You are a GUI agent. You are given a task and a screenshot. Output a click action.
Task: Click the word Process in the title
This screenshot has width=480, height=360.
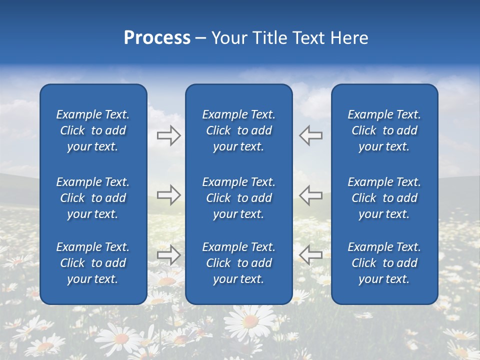pyautogui.click(x=157, y=38)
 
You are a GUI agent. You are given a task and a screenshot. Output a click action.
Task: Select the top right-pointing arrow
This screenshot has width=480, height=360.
pyautogui.click(x=168, y=135)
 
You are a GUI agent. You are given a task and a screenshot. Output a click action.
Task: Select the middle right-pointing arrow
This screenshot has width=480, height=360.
pyautogui.click(x=168, y=195)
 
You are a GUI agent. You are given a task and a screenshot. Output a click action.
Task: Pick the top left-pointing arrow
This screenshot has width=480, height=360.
pyautogui.click(x=310, y=135)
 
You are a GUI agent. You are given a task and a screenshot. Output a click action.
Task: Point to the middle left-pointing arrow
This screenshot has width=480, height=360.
pyautogui.click(x=310, y=195)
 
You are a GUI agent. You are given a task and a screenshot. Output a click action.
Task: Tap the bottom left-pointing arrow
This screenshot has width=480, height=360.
pyautogui.click(x=310, y=254)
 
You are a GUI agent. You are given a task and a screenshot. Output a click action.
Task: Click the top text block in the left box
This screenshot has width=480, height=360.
pyautogui.click(x=93, y=130)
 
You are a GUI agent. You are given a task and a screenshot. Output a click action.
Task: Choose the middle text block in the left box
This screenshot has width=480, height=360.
pyautogui.click(x=93, y=198)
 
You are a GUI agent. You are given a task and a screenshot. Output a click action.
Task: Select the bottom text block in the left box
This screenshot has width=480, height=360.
pyautogui.click(x=93, y=263)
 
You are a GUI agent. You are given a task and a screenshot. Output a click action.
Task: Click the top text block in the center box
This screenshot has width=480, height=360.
pyautogui.click(x=238, y=130)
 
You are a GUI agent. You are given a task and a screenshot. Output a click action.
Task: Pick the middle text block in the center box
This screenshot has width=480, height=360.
pyautogui.click(x=238, y=198)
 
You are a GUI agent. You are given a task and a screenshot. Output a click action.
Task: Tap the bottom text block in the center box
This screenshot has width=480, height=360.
pyautogui.click(x=238, y=263)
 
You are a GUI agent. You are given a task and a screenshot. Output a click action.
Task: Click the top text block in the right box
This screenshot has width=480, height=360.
pyautogui.click(x=384, y=130)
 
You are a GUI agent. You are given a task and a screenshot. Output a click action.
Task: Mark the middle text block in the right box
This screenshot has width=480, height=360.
pyautogui.click(x=384, y=198)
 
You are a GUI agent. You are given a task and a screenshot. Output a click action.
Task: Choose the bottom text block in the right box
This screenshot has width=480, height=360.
pyautogui.click(x=384, y=263)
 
